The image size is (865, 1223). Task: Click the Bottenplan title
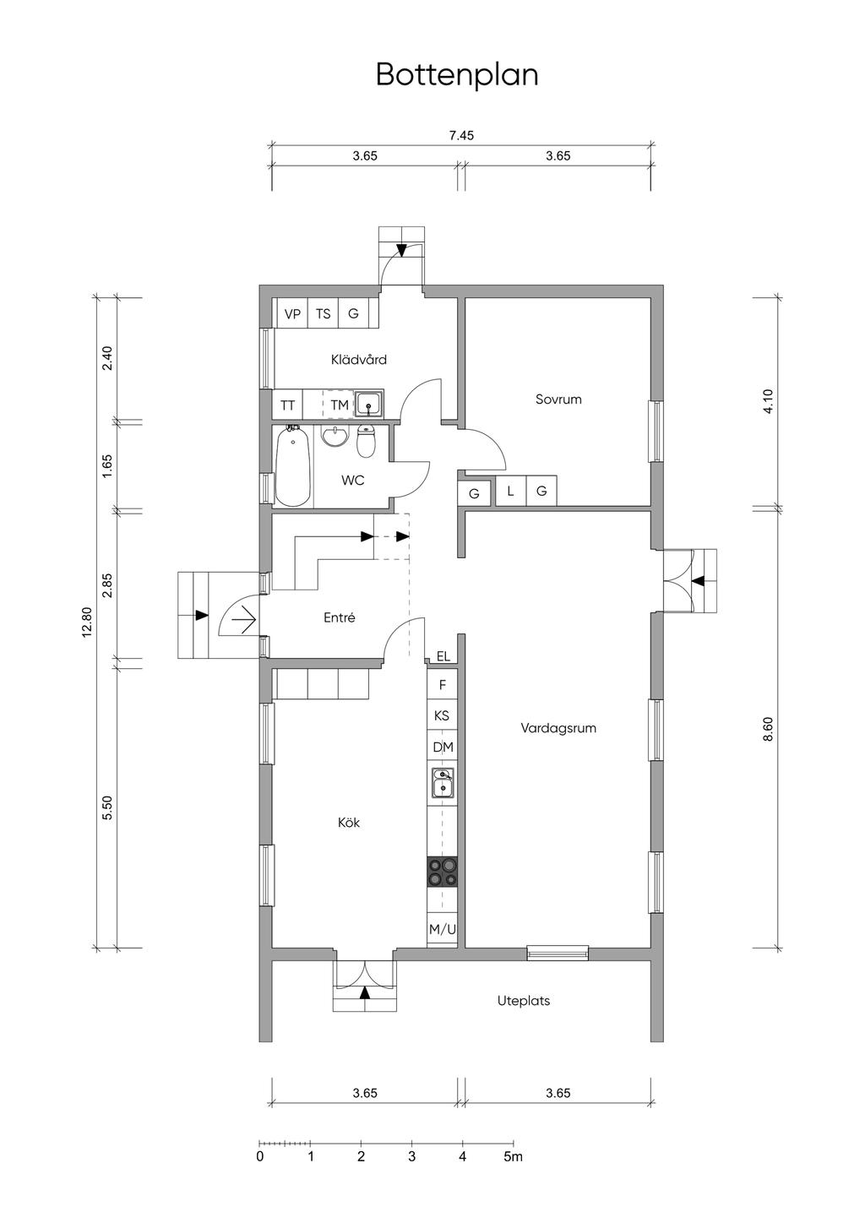tap(457, 75)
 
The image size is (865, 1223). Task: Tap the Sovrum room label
tap(558, 400)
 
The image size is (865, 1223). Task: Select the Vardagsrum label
tap(558, 728)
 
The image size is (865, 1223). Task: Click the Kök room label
tap(348, 823)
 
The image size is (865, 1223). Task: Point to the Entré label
tap(339, 617)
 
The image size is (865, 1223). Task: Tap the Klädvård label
tap(359, 359)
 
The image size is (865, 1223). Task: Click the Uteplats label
tap(523, 1002)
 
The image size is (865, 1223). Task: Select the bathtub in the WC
tap(293, 467)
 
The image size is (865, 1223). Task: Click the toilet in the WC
tap(366, 441)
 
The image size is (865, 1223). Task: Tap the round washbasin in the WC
tap(335, 436)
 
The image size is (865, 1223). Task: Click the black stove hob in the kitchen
tap(443, 872)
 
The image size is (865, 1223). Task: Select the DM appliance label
tap(443, 747)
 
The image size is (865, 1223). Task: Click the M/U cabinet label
tap(443, 930)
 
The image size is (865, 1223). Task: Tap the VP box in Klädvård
tap(293, 314)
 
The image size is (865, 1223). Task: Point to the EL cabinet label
tap(443, 656)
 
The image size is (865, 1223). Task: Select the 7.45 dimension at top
tap(461, 135)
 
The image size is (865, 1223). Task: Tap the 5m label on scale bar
tap(514, 1155)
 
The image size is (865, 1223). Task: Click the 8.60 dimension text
tap(768, 729)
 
